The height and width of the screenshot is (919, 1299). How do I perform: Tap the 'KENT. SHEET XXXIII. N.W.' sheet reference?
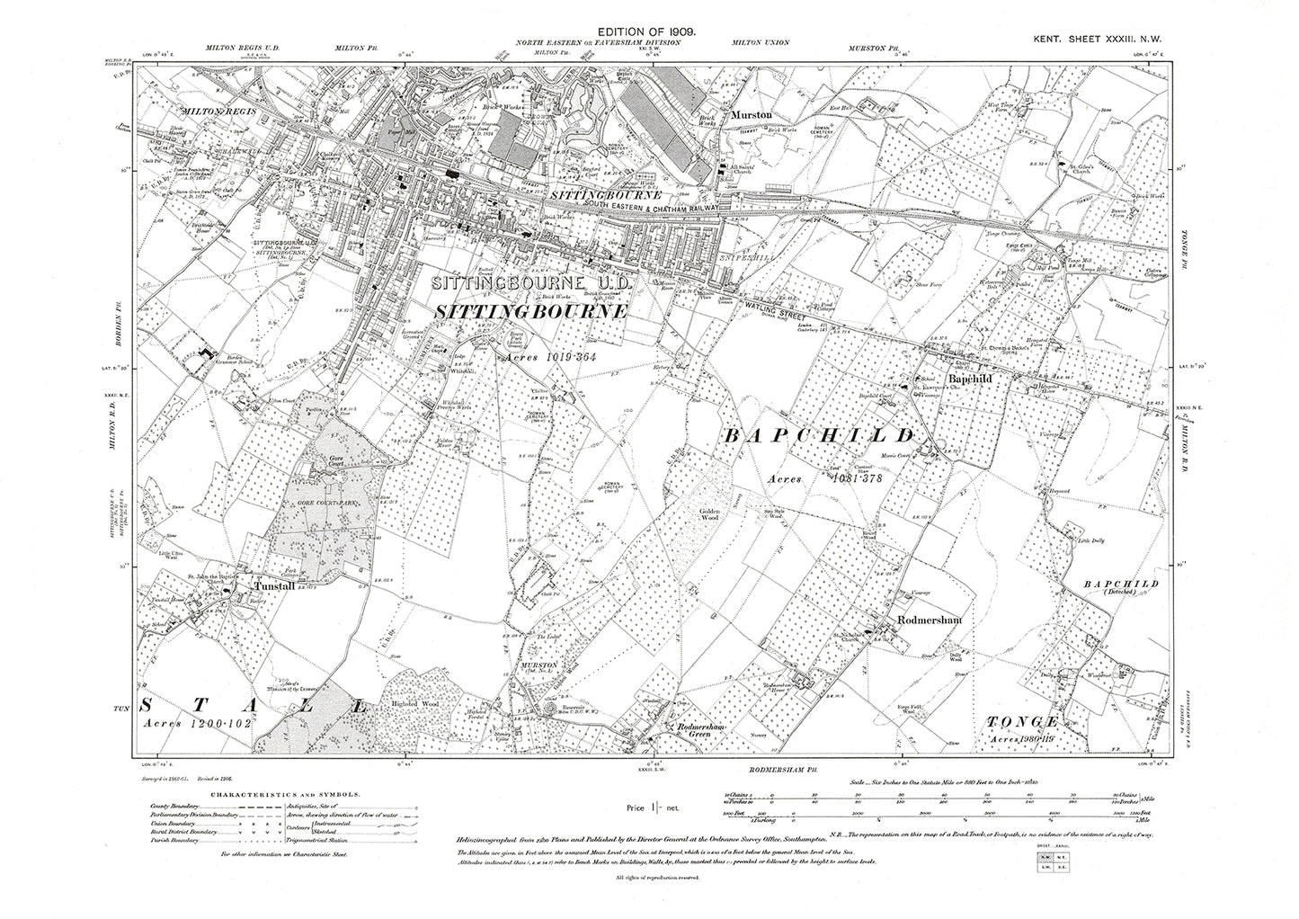pyautogui.click(x=1108, y=31)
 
